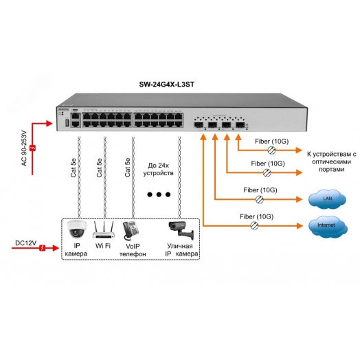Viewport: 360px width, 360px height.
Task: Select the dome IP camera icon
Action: pos(75,229)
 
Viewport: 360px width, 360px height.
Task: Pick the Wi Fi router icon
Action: pos(103,228)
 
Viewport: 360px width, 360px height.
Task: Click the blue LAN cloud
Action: pos(323,199)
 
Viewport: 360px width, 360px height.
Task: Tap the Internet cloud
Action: pos(323,224)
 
